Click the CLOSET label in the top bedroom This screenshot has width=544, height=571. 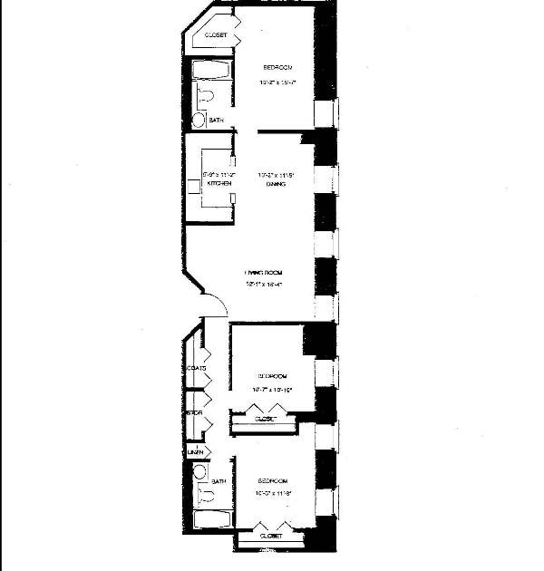point(215,35)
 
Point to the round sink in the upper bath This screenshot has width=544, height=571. point(199,120)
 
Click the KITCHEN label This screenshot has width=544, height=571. point(219,184)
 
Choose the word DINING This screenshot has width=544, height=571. point(276,184)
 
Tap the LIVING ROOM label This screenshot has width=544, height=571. point(264,272)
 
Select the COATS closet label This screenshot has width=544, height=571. point(196,368)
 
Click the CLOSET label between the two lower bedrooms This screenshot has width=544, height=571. point(264,420)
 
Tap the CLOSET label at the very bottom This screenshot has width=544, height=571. point(271,537)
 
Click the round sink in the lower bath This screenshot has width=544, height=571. point(199,471)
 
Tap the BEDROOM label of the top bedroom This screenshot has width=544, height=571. point(277,68)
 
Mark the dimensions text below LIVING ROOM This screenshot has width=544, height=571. point(264,284)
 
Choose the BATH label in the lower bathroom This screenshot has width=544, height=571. point(219,481)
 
